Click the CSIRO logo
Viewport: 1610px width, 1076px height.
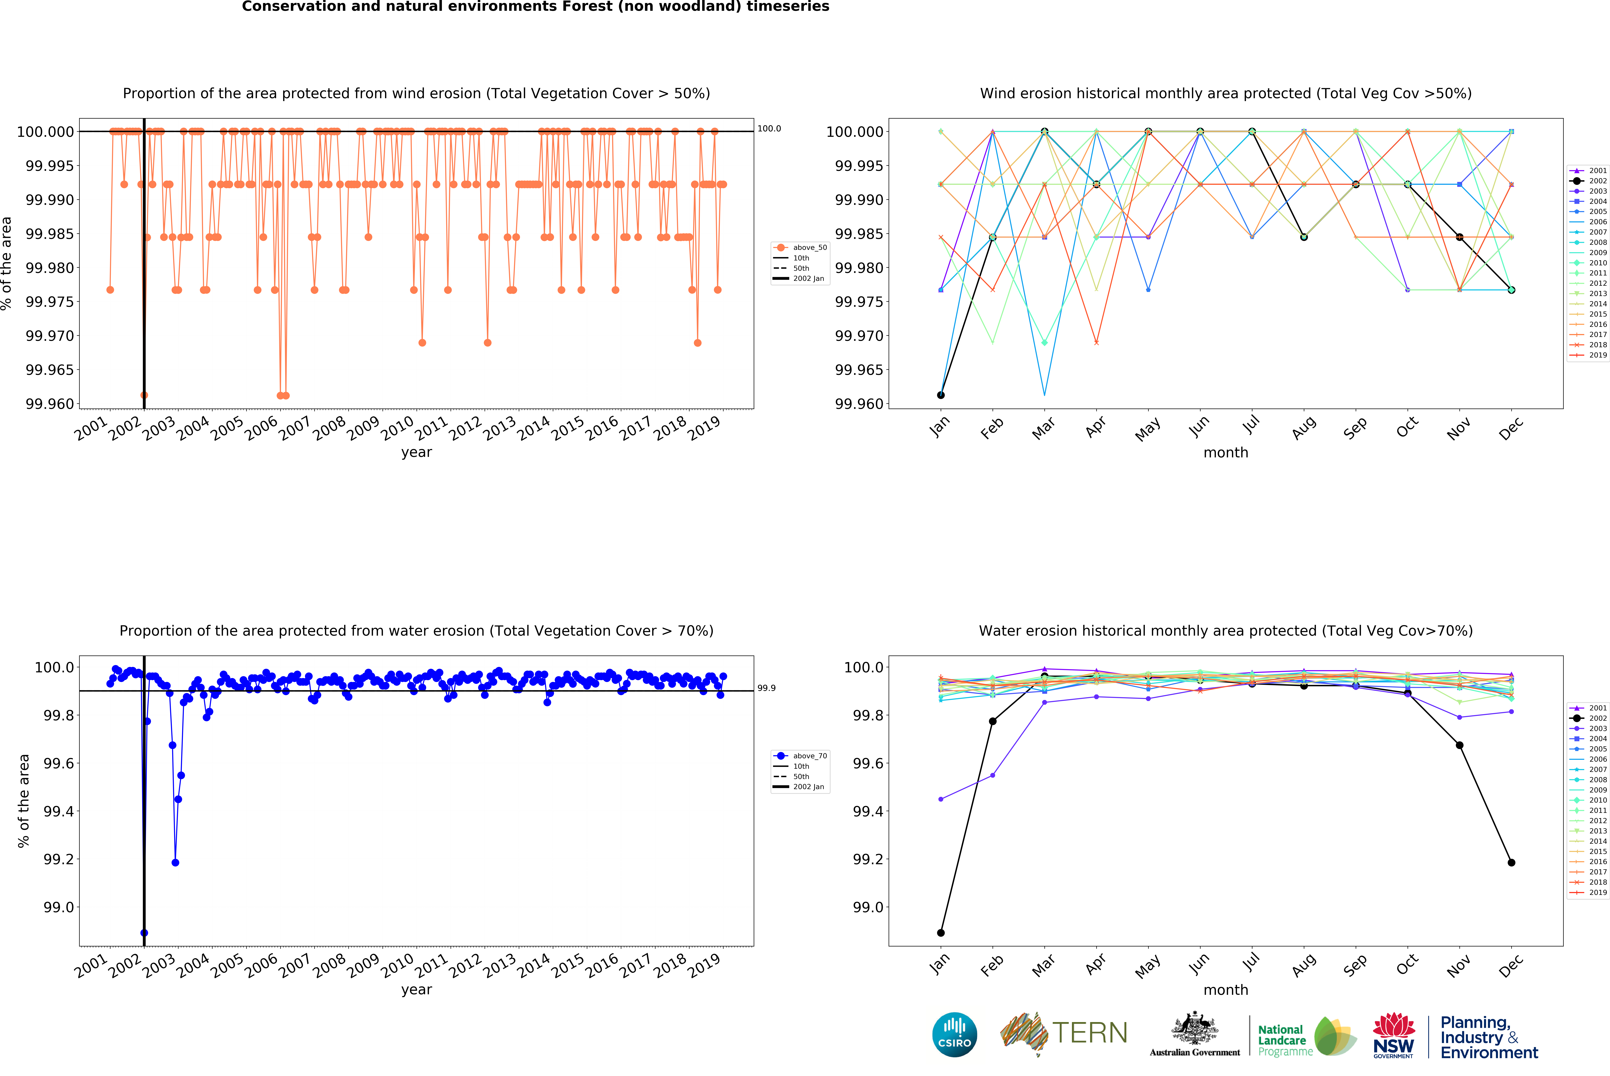pyautogui.click(x=954, y=1034)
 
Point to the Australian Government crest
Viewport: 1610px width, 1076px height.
pyautogui.click(x=1195, y=1029)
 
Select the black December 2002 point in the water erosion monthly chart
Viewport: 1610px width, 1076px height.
pyautogui.click(x=1511, y=863)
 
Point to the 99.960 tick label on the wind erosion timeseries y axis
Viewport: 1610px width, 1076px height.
pyautogui.click(x=49, y=403)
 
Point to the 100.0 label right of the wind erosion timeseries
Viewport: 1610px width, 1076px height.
pyautogui.click(x=769, y=128)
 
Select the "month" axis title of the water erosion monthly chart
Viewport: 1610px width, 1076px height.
pyautogui.click(x=1225, y=990)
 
